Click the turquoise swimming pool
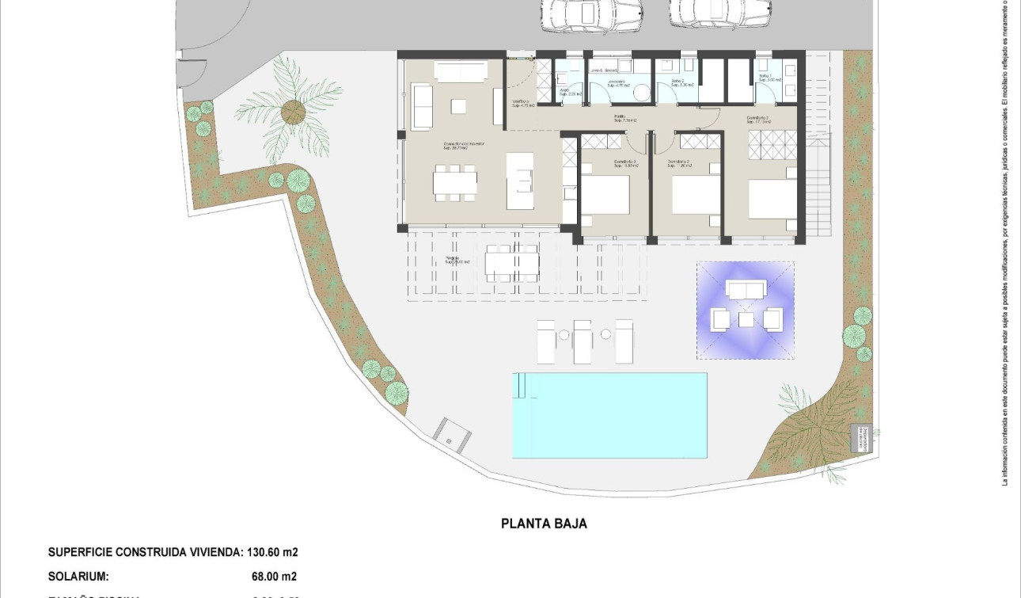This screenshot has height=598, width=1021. (x=609, y=415)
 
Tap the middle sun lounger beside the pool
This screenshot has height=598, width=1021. (x=583, y=341)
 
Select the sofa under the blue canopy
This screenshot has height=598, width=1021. (x=746, y=290)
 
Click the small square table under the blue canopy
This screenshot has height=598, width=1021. (x=746, y=319)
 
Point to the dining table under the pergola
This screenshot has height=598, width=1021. (x=511, y=262)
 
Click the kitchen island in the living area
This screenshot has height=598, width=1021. (x=520, y=181)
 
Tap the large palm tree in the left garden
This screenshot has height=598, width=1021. (x=291, y=111)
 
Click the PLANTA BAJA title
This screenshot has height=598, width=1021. (x=544, y=524)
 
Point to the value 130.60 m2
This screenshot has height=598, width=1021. (x=273, y=552)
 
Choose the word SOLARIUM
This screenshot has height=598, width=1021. (x=78, y=577)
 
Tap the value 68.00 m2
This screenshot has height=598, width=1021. (x=274, y=577)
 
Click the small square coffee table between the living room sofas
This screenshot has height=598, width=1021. (x=459, y=106)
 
